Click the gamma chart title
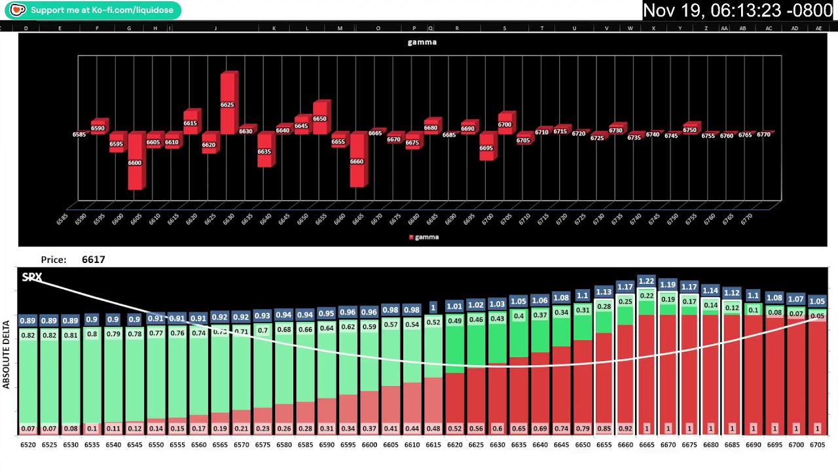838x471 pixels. pyautogui.click(x=422, y=42)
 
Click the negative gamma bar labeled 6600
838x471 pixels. pyautogui.click(x=135, y=162)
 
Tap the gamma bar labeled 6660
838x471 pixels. pyautogui.click(x=357, y=160)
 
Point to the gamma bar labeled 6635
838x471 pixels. pyautogui.click(x=264, y=150)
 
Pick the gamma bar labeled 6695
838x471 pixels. pyautogui.click(x=486, y=147)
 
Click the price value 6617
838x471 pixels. pyautogui.click(x=94, y=260)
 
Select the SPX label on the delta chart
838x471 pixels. pyautogui.click(x=31, y=277)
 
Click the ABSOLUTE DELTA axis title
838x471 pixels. pyautogui.click(x=7, y=354)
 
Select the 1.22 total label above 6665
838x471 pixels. pyautogui.click(x=646, y=281)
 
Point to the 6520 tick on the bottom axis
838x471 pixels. pyautogui.click(x=28, y=445)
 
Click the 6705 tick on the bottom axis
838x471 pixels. pyautogui.click(x=817, y=445)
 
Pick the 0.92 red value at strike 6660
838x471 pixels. pyautogui.click(x=625, y=429)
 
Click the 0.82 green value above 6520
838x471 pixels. pyautogui.click(x=27, y=336)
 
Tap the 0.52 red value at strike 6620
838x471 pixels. pyautogui.click(x=454, y=429)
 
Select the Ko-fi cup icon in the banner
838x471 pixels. pyautogui.click(x=18, y=10)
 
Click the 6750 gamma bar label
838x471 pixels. pyautogui.click(x=689, y=130)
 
